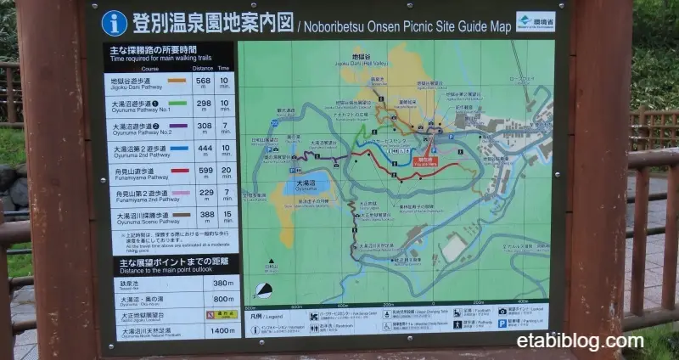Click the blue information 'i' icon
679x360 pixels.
(x=115, y=22)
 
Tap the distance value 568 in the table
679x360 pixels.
(x=203, y=82)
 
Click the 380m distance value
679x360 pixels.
(x=222, y=284)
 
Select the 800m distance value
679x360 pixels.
(x=222, y=299)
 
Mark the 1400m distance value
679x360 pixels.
(x=222, y=331)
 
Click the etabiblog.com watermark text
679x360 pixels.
(x=580, y=341)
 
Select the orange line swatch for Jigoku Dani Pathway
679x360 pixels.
(x=177, y=82)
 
